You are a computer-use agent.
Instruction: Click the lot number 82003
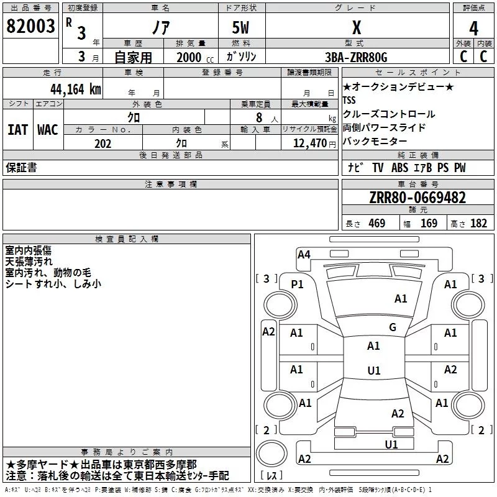point(30,27)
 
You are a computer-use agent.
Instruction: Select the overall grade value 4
point(473,29)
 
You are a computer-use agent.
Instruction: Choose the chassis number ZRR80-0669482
point(417,198)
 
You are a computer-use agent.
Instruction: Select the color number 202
point(103,144)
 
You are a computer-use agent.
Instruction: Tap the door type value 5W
point(242,29)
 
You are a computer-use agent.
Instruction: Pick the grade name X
point(357,29)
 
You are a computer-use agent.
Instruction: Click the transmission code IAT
point(17,130)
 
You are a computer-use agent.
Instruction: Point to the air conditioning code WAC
point(48,130)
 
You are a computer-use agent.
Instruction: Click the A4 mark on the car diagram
point(304,254)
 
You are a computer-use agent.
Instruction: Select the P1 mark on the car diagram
point(298,285)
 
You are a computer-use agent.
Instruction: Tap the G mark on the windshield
point(393,327)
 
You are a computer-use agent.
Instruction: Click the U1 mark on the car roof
point(373,371)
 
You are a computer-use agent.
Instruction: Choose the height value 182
point(479,224)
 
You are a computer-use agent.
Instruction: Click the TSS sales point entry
point(350,101)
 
